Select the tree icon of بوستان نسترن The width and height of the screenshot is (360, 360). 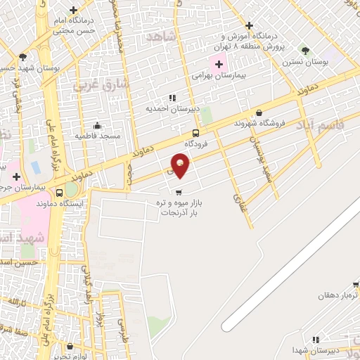304,51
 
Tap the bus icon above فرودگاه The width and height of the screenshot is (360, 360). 195,133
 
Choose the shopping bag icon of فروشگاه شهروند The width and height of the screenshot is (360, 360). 259,112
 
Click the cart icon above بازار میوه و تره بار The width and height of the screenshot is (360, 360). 179,192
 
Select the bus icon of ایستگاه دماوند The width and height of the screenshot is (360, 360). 71,191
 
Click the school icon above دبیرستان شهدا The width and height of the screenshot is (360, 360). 316,340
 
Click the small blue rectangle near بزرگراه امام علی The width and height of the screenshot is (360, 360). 35,168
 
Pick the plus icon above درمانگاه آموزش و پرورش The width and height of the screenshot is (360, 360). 249,26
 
